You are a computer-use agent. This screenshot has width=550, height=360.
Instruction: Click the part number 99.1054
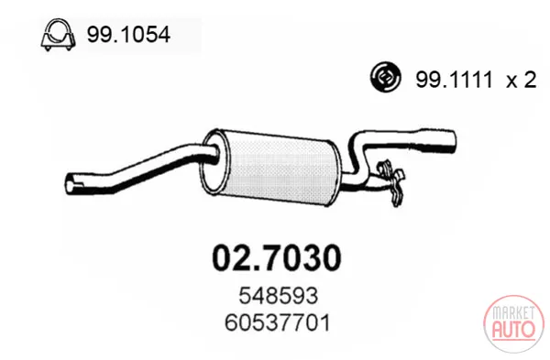pos(128,35)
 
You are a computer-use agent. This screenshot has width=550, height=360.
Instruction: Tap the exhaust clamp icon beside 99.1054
pos(59,35)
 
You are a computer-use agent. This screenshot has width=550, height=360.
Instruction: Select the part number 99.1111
pos(455,80)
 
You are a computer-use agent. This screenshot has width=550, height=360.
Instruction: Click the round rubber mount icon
pos(386,77)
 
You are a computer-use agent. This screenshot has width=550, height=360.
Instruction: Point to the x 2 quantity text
pos(522,80)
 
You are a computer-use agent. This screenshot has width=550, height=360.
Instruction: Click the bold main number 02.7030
pos(277,258)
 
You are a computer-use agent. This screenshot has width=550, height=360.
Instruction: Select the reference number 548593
pos(278,296)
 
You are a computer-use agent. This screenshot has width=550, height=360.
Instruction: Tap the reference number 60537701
pos(278,322)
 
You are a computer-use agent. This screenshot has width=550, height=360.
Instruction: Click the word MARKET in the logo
pos(513,312)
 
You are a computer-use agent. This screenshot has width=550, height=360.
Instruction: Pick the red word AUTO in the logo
pos(514,330)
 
